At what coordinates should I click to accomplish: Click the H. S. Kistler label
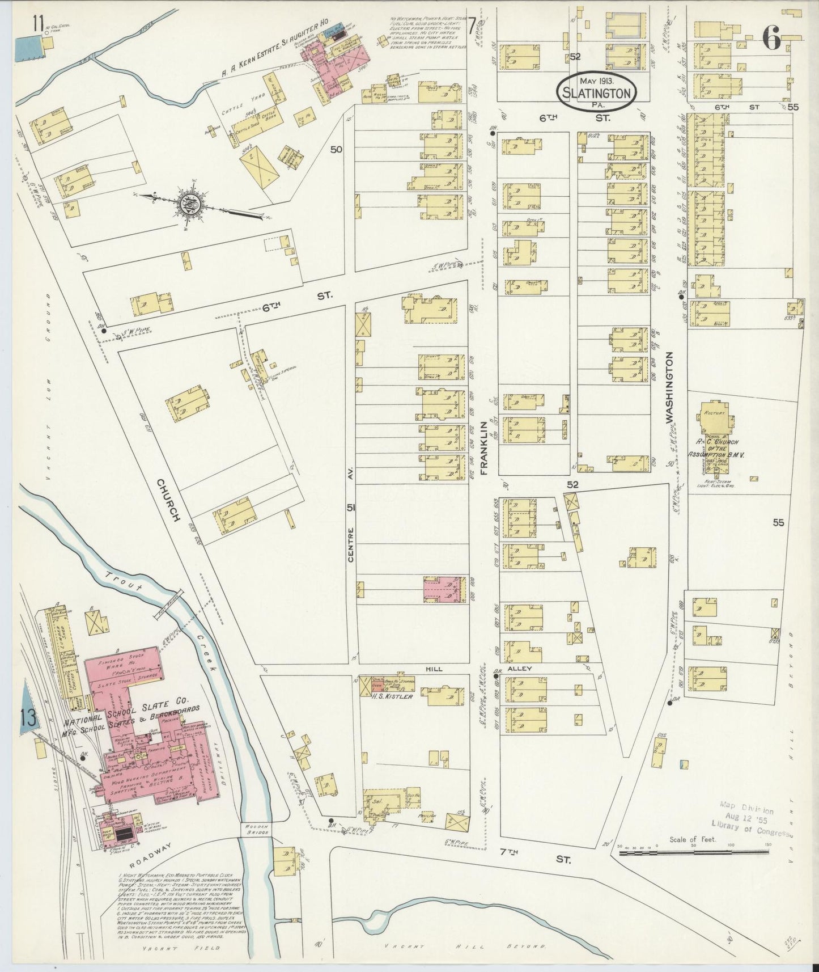(393, 696)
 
